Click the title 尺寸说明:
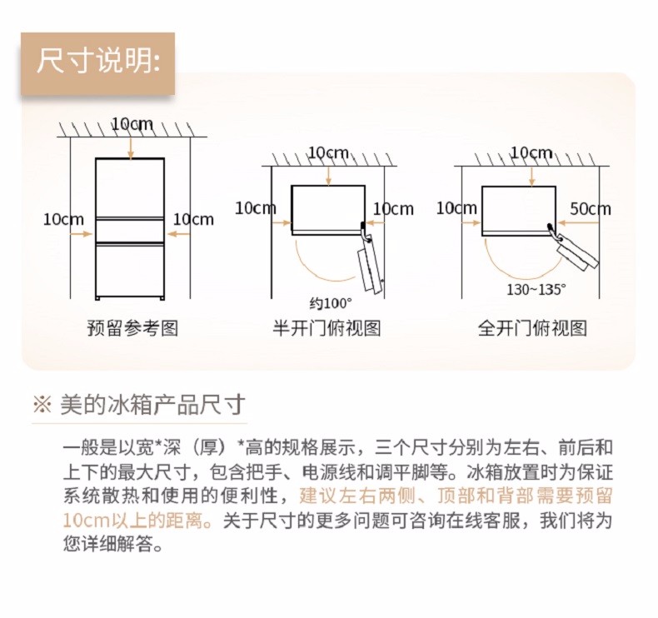(98, 62)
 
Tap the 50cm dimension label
(590, 209)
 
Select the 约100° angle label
(331, 303)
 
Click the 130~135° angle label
(536, 290)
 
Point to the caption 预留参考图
(132, 327)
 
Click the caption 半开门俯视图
(327, 327)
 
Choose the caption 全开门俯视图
(532, 327)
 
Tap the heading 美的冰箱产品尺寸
(152, 405)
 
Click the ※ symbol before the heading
(42, 406)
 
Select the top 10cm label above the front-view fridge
(132, 124)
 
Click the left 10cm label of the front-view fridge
(63, 219)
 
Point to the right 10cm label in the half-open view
(393, 208)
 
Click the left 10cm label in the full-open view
(456, 208)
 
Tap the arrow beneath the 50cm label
(578, 222)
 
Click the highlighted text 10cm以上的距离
(132, 521)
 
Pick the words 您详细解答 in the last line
(108, 544)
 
